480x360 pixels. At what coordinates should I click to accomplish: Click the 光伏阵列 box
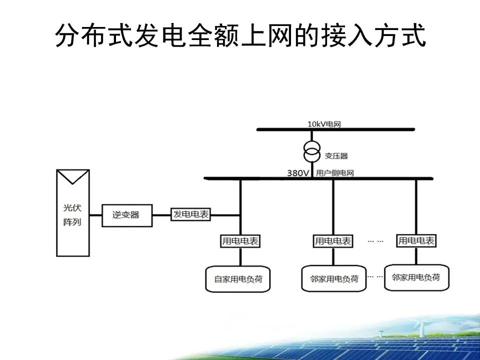(x=72, y=215)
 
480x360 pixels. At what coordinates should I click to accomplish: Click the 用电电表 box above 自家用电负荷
(x=240, y=241)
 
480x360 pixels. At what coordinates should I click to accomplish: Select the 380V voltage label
(x=298, y=173)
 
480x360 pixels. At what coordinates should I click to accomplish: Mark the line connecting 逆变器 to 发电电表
(x=161, y=215)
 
